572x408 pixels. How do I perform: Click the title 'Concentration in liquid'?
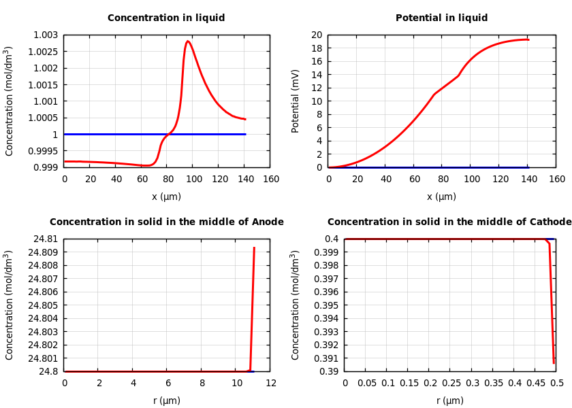pyautogui.click(x=166, y=18)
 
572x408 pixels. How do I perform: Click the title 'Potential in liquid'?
pyautogui.click(x=441, y=18)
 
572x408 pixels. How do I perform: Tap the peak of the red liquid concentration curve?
pyautogui.click(x=187, y=41)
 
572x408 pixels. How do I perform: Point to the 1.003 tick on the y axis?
pyautogui.click(x=44, y=35)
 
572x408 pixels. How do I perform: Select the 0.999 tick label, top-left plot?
pyautogui.click(x=44, y=167)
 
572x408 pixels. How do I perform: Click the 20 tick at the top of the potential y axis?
pyautogui.click(x=316, y=35)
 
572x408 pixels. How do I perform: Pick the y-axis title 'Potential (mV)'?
pyautogui.click(x=296, y=101)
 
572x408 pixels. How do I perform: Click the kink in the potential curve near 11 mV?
pyautogui.click(x=434, y=94)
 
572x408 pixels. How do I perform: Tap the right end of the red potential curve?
pyautogui.click(x=528, y=39)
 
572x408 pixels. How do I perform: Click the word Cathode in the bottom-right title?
pyautogui.click(x=548, y=222)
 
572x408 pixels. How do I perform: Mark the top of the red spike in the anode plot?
pyautogui.click(x=254, y=248)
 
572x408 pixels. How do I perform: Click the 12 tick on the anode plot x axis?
pyautogui.click(x=270, y=384)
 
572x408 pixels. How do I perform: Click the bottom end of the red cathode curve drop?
pyautogui.click(x=554, y=363)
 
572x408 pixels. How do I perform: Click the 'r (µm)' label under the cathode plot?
pyautogui.click(x=450, y=401)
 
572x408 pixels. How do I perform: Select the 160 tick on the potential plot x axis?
pyautogui.click(x=556, y=180)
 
